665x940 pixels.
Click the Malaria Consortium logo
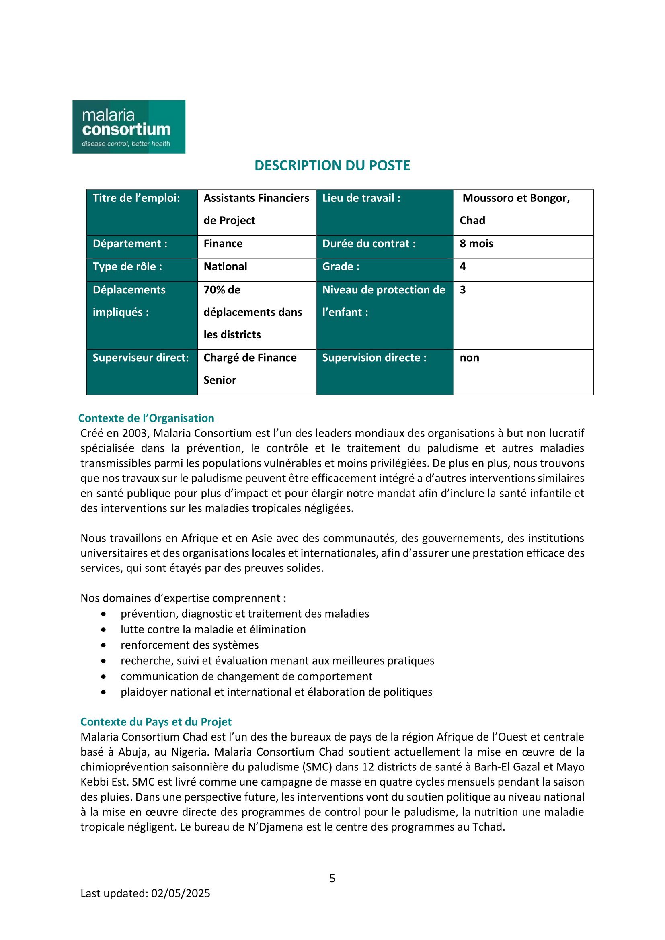(x=129, y=127)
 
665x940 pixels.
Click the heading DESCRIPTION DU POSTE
(x=332, y=166)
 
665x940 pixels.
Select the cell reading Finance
(x=223, y=244)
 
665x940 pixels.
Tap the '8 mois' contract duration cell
(x=476, y=244)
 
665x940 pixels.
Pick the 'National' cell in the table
(x=225, y=266)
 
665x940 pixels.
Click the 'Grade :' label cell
(x=341, y=266)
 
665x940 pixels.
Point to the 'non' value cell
(x=469, y=358)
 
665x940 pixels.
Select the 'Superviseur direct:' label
(x=140, y=358)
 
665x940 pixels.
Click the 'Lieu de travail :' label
(x=361, y=198)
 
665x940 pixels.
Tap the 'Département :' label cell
(x=130, y=244)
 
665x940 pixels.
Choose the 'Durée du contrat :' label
(x=369, y=244)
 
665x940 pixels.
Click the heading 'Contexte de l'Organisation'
(x=146, y=418)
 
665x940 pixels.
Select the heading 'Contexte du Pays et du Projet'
(x=156, y=722)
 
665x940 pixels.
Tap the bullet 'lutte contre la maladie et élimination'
(x=213, y=629)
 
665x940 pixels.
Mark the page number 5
(x=332, y=878)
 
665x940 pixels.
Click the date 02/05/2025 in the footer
(x=180, y=893)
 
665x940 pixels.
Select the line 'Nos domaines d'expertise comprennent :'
(x=183, y=598)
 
